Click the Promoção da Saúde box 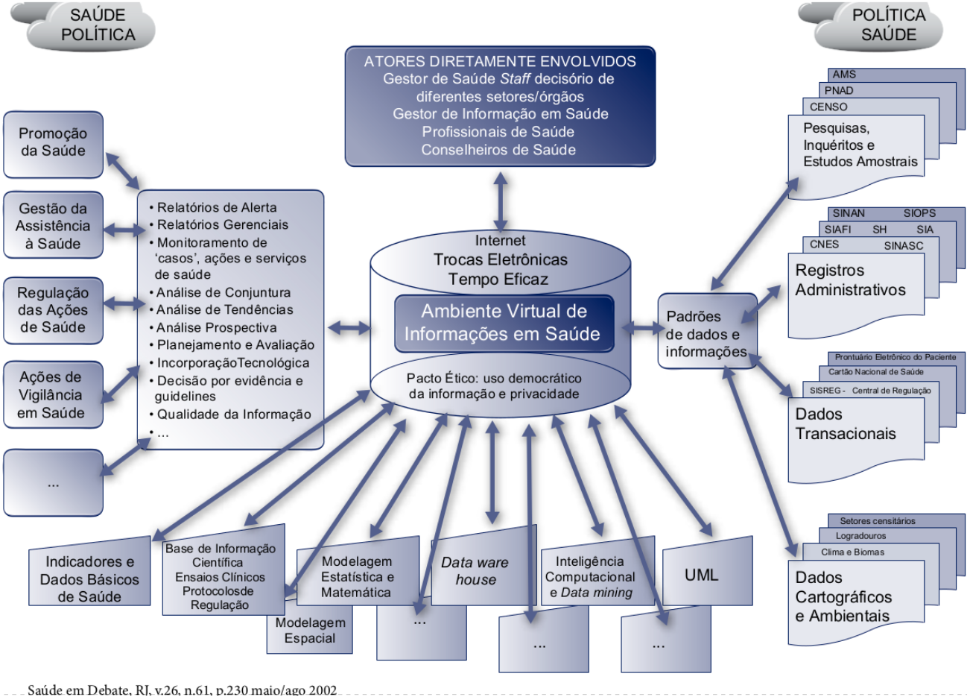53,144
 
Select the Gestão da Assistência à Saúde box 53,225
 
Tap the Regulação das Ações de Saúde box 53,309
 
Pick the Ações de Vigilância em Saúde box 53,394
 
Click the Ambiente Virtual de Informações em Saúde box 504,323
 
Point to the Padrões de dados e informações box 703,333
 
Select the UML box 701,575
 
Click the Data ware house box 475,571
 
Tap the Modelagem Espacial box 309,631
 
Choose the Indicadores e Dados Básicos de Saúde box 89,578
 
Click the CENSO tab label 828,107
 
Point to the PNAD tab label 839,90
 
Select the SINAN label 849,213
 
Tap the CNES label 824,245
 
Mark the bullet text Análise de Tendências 224,309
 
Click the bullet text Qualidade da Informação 233,414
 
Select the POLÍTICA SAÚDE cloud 887,25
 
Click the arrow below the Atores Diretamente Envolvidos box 501,201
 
